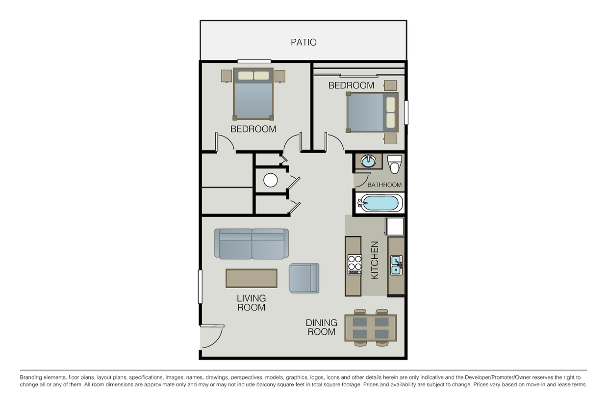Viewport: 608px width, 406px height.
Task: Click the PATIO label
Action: click(304, 42)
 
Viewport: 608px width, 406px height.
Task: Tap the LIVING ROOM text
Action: click(251, 303)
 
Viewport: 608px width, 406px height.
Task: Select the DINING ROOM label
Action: click(321, 327)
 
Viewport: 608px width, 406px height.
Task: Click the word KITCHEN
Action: click(375, 260)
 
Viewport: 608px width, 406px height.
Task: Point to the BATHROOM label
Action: click(384, 185)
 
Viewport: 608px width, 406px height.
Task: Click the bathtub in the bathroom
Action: click(380, 203)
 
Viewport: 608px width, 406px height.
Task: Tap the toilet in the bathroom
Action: click(394, 164)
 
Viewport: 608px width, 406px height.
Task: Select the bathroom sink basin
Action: click(368, 161)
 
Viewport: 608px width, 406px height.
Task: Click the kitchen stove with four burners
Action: click(355, 265)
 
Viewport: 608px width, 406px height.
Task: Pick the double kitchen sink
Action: click(396, 265)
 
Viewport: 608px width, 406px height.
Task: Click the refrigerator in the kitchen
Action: click(394, 227)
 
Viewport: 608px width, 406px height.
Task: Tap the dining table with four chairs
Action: click(371, 328)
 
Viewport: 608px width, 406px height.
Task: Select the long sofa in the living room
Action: click(252, 244)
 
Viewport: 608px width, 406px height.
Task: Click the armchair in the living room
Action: click(304, 278)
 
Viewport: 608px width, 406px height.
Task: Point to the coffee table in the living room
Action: click(252, 278)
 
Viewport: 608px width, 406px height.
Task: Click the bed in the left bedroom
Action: click(253, 94)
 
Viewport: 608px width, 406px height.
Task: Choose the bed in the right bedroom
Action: click(372, 112)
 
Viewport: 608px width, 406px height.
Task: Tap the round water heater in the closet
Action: click(271, 181)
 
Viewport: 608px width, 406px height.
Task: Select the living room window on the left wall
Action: click(200, 286)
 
